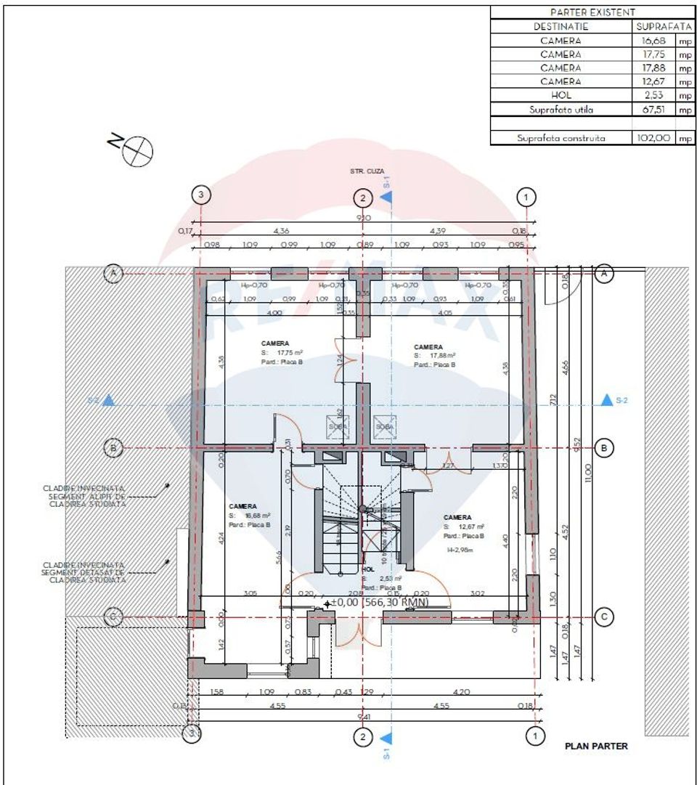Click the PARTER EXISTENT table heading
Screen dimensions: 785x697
(593, 12)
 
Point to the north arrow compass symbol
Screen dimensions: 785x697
(138, 150)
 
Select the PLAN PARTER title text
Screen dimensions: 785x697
(596, 746)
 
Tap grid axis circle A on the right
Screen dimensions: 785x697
(603, 274)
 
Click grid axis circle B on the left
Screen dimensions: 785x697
(113, 448)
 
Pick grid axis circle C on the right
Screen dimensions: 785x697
(604, 617)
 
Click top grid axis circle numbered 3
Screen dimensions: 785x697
(200, 195)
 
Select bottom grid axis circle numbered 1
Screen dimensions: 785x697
(535, 736)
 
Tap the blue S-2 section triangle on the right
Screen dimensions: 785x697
(606, 400)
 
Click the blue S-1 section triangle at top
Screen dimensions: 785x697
(386, 196)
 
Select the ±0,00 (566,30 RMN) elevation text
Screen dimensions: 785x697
(378, 602)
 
